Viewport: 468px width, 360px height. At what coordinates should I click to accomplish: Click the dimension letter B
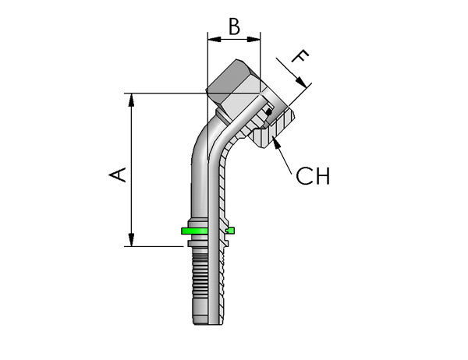[234, 26]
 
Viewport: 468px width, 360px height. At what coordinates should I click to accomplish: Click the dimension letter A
[117, 175]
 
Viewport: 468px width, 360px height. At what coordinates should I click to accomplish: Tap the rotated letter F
[300, 56]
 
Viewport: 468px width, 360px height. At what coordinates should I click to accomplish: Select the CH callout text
[313, 176]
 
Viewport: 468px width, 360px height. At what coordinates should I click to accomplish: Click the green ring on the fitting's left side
[194, 231]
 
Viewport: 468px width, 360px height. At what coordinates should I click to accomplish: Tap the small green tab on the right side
[230, 230]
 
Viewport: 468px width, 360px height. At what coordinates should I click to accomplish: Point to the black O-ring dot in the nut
[268, 112]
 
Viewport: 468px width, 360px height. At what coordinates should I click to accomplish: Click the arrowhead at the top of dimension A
[131, 100]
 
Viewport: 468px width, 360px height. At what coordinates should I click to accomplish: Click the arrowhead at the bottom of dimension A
[131, 240]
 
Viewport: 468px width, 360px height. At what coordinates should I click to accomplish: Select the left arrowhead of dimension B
[214, 39]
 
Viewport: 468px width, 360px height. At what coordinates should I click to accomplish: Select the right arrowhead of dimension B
[253, 39]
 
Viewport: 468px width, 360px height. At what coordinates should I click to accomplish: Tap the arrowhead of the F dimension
[301, 82]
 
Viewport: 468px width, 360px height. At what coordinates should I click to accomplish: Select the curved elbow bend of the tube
[209, 140]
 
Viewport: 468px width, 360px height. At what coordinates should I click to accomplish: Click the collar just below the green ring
[197, 243]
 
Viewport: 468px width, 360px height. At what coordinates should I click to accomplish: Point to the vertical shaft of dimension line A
[131, 170]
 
